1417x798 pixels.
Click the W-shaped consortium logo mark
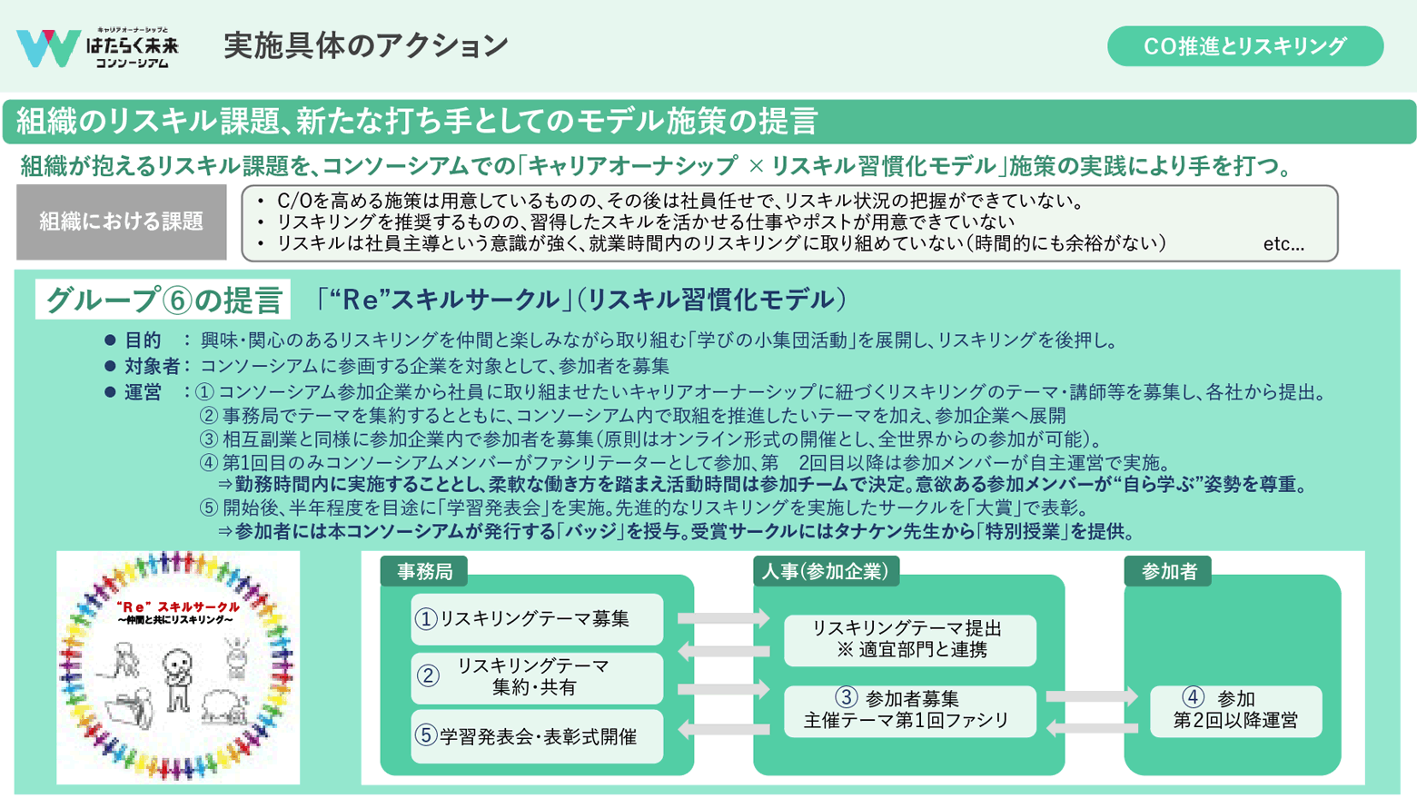coord(46,47)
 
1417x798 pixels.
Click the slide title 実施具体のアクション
coord(366,45)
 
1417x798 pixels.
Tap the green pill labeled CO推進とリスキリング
coord(1244,46)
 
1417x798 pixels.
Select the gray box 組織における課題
coord(121,222)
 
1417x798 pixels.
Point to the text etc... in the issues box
coord(1283,244)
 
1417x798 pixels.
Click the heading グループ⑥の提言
coord(163,300)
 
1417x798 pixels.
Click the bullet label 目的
coord(143,340)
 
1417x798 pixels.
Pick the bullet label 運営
coord(143,392)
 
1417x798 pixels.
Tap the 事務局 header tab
coord(424,571)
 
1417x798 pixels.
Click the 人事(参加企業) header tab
coord(825,571)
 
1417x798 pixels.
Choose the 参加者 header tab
coord(1168,571)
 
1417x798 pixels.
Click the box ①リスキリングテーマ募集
coord(536,619)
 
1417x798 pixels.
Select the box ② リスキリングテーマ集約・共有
coord(536,677)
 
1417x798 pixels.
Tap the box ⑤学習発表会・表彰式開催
coord(536,736)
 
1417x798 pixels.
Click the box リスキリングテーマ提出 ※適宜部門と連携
coord(909,639)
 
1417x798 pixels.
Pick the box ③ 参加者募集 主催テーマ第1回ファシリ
coord(909,710)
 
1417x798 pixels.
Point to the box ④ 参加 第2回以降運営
coord(1234,710)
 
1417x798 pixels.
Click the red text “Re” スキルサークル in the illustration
coord(179,606)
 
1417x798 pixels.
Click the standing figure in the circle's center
coord(177,677)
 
